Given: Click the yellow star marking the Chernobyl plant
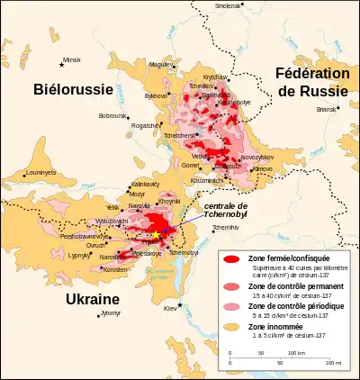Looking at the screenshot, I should [x=156, y=235].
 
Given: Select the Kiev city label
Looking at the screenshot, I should [x=169, y=309].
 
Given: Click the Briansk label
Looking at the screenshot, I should [x=326, y=109].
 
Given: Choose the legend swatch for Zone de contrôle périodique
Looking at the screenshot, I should [x=232, y=309].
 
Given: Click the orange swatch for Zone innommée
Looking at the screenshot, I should [x=232, y=330].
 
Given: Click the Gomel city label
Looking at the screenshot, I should [x=190, y=166].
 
